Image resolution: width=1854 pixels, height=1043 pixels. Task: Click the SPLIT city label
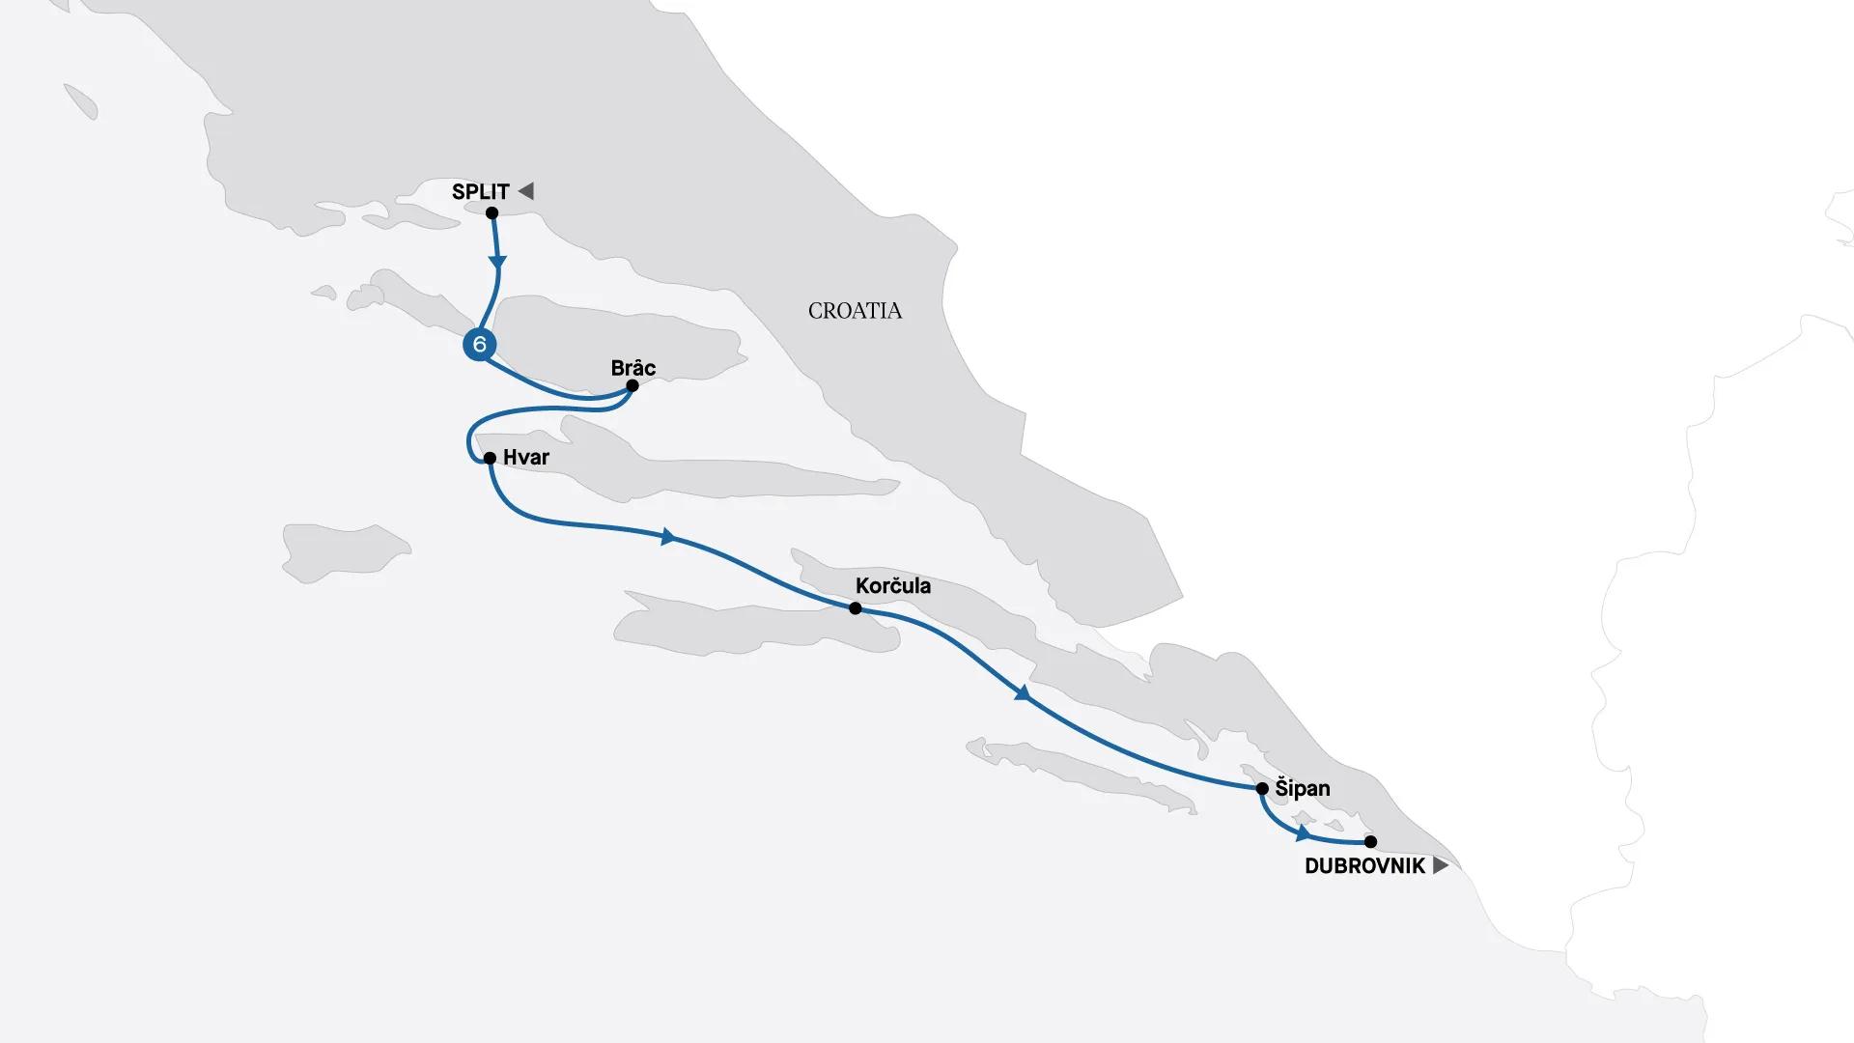click(480, 191)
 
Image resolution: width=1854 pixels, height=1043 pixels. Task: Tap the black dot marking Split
click(492, 212)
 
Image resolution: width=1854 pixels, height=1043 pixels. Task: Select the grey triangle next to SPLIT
click(526, 190)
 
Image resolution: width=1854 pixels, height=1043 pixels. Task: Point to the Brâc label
click(633, 368)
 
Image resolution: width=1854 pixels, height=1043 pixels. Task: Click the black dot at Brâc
click(632, 385)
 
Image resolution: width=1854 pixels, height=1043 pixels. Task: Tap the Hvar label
click(526, 458)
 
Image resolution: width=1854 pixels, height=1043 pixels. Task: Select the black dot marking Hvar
click(490, 458)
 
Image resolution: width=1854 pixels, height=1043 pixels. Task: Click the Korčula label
click(893, 586)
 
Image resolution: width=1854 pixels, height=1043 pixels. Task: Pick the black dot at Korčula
click(855, 608)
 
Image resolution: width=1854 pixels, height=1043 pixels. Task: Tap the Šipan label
click(1303, 789)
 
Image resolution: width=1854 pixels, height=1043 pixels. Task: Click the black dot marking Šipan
click(1262, 789)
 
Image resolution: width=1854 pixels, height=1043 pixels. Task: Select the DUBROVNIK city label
click(1364, 866)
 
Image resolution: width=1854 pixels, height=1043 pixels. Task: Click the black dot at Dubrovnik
click(1370, 841)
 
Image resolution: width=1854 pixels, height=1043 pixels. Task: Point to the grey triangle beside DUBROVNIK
click(1440, 865)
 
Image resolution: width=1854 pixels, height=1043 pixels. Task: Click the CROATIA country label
click(855, 311)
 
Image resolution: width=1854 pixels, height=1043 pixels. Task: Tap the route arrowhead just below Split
click(497, 261)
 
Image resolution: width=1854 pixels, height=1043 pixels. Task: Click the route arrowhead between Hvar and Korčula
click(667, 537)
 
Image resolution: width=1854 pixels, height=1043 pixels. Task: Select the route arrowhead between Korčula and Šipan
click(1022, 693)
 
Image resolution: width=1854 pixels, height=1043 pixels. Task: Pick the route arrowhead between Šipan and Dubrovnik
click(1304, 832)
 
